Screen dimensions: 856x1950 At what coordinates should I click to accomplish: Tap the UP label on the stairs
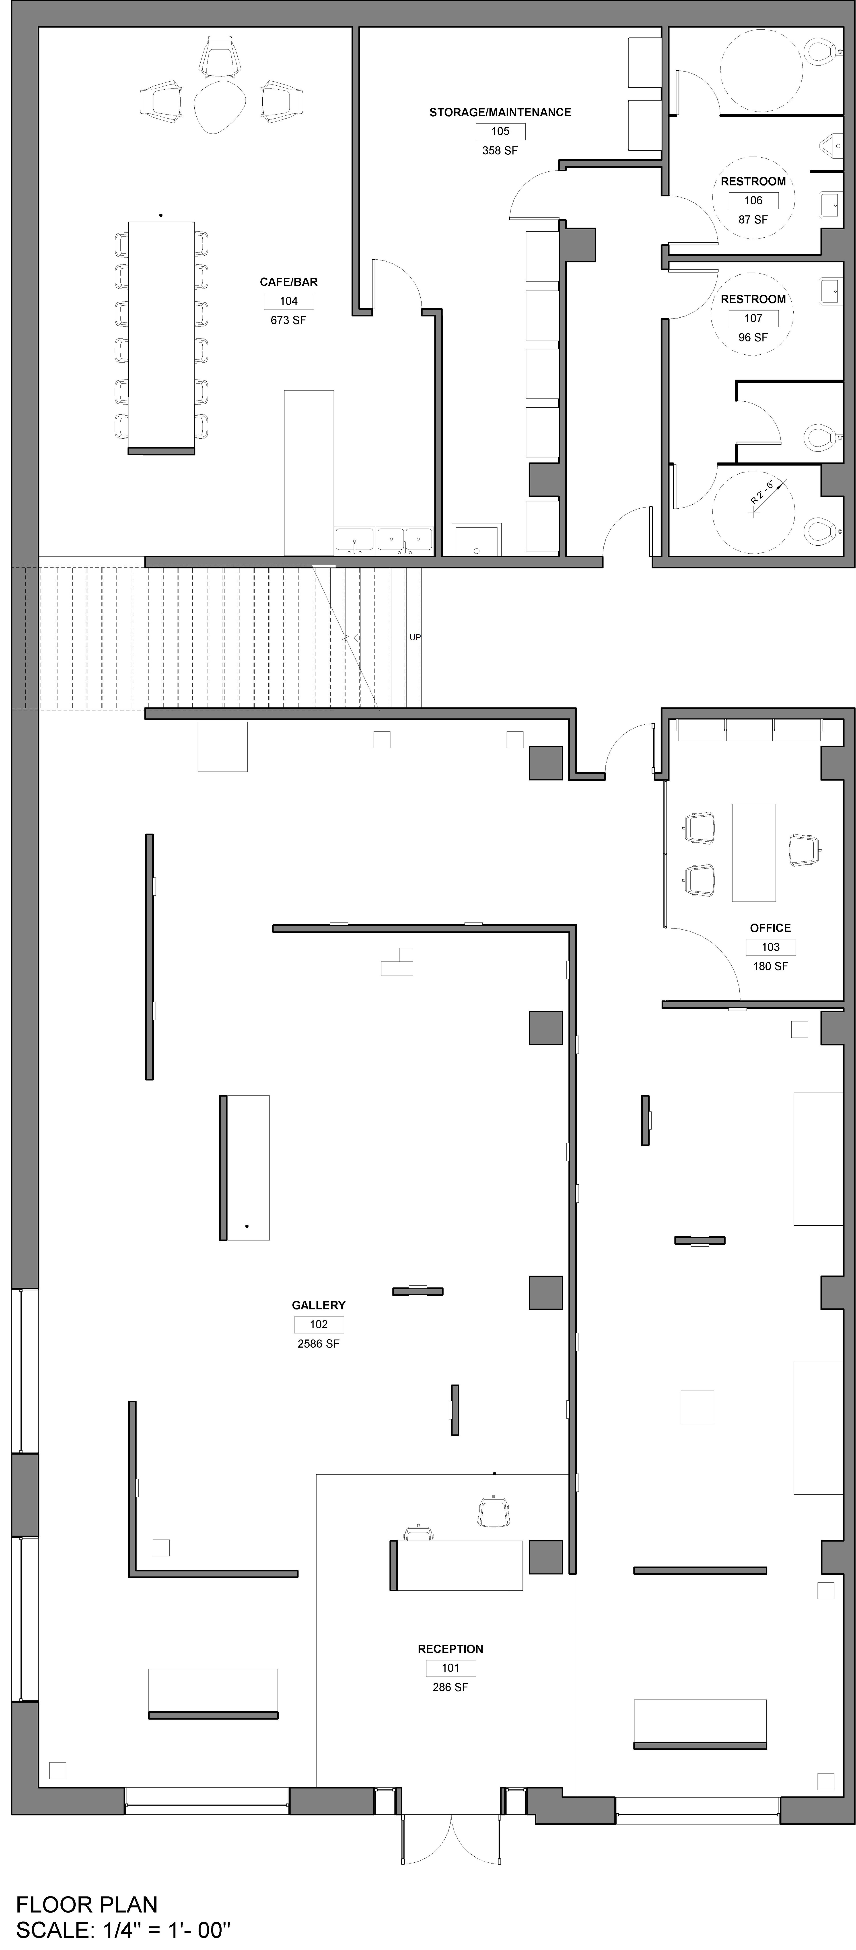pyautogui.click(x=415, y=637)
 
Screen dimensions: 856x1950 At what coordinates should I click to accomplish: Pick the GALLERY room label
pyautogui.click(x=319, y=1305)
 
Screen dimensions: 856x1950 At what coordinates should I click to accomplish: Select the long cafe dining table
pyautogui.click(x=161, y=338)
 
